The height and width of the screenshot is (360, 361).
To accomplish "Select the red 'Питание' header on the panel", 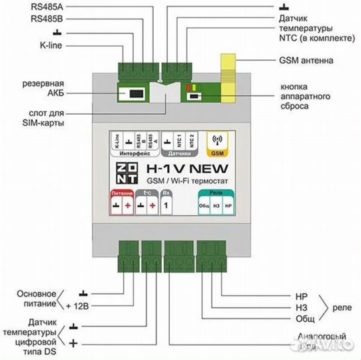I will [x=121, y=192].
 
